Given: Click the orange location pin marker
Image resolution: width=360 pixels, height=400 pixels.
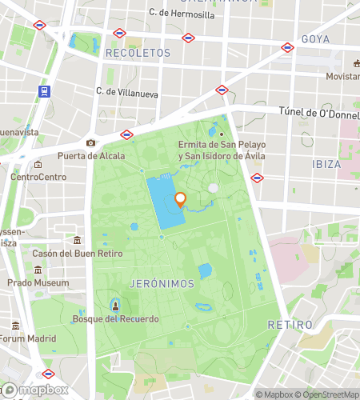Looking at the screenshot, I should coord(180,200).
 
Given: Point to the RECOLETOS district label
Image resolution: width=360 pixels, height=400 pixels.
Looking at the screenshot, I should coord(138,52).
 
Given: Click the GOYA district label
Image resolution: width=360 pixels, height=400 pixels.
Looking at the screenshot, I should coord(315,38).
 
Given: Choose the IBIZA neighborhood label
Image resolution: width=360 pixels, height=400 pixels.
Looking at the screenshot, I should coord(326,163).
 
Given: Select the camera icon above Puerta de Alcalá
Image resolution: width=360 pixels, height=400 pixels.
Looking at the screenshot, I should coord(90,143).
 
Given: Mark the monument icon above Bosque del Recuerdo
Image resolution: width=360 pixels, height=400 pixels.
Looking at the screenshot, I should coord(115,306).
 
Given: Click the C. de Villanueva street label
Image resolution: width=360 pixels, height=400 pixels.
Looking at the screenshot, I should coord(128,91).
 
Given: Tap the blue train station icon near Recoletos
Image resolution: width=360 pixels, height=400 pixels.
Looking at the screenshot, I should coord(43,91).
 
